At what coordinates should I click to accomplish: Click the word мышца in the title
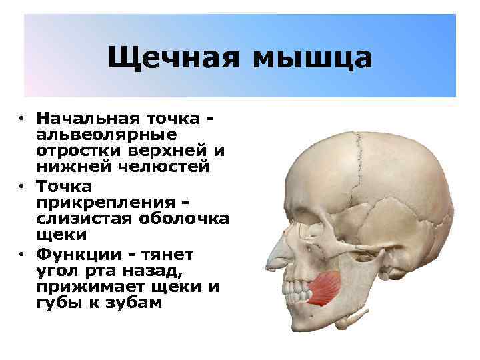click(x=312, y=58)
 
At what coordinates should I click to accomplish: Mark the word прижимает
click(x=84, y=286)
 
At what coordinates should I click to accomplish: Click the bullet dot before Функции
click(x=22, y=253)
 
